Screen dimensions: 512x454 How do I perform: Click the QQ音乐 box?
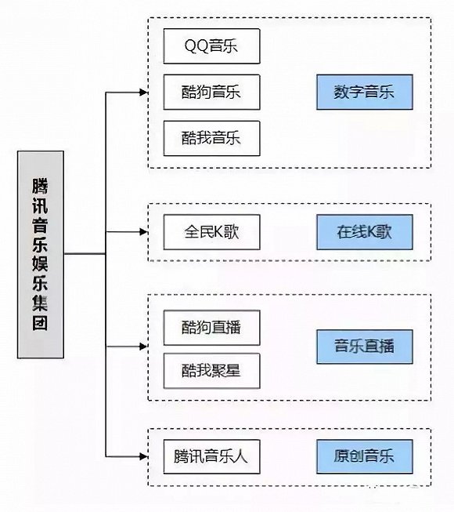pos(211,47)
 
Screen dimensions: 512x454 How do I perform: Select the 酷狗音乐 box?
pos(211,93)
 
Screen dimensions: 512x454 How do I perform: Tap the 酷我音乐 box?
pos(211,138)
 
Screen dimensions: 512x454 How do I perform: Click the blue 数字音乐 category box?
pos(364,93)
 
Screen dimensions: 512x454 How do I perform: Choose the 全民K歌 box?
pos(211,232)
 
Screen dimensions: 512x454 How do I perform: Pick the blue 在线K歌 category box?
pos(364,232)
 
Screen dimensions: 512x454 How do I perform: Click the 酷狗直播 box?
pos(211,328)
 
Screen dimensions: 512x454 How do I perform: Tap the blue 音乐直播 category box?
pos(364,346)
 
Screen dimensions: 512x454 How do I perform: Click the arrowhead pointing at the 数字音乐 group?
pos(143,93)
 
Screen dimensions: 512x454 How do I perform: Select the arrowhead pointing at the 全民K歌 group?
pos(143,232)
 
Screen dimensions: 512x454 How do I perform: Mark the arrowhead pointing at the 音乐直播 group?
pos(143,346)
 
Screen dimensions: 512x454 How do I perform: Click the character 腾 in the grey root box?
pos(41,185)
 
